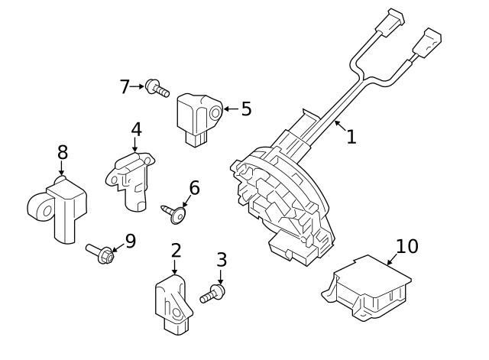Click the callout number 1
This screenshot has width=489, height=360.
coord(351,137)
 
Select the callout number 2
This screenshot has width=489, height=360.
coord(176,250)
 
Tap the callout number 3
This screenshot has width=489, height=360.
coord(222,260)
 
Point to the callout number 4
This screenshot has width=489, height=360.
coord(135,130)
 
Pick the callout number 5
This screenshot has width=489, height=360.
coord(246,109)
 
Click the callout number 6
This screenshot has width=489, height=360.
coord(194,187)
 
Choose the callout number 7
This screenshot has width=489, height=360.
coord(125,87)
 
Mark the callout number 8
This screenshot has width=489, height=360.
coord(62,153)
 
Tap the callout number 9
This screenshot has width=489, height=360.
coord(130,242)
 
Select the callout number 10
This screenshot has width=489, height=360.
coord(407,246)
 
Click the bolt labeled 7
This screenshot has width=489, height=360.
coord(157,89)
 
